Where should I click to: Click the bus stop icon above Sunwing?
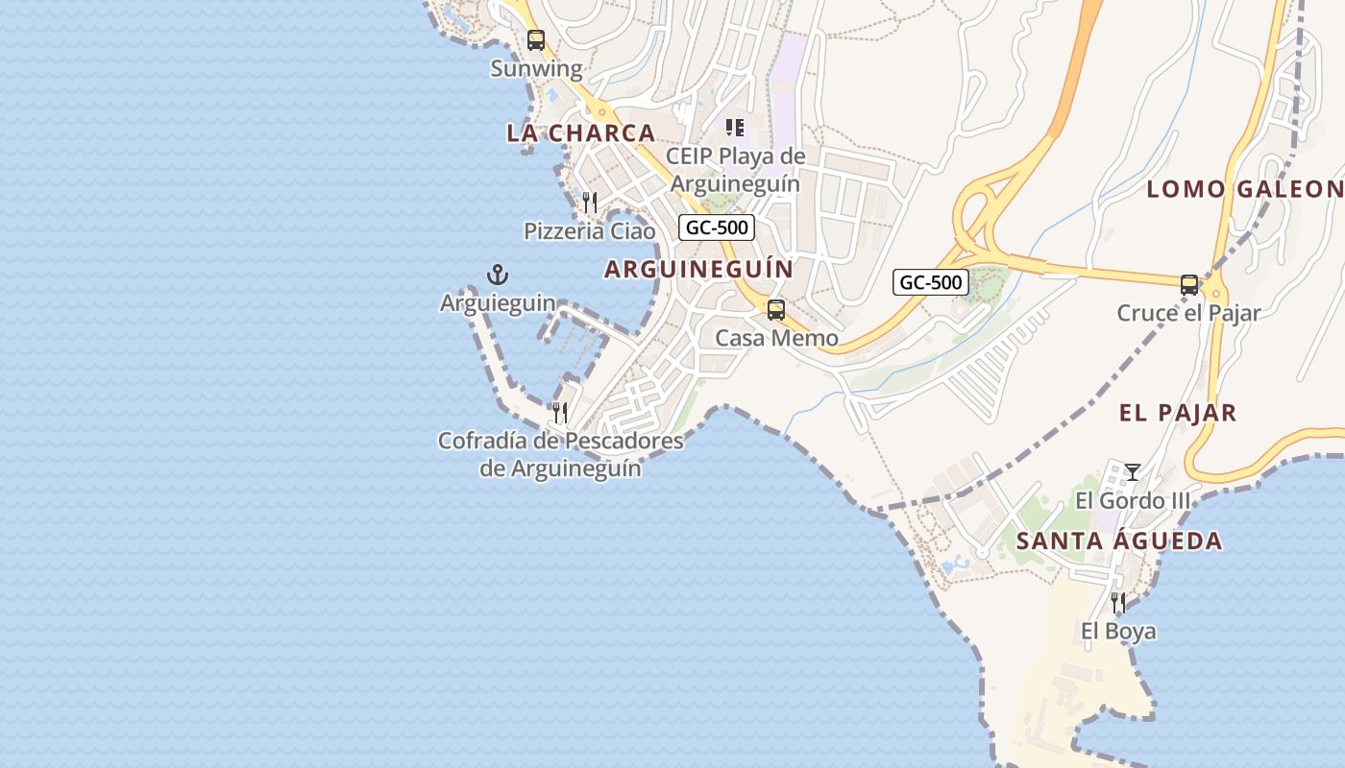536,40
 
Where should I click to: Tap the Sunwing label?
536,69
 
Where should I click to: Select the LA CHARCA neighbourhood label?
581,133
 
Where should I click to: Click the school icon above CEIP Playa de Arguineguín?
735,128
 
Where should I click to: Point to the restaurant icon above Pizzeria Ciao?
590,202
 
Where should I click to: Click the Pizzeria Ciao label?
589,231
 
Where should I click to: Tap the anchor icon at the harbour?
497,276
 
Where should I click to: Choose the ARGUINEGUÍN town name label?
698,270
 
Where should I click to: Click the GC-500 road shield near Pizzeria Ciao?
717,228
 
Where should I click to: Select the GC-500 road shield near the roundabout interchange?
930,282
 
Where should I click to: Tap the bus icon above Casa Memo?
775,310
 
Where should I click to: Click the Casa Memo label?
776,339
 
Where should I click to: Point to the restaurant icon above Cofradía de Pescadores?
560,413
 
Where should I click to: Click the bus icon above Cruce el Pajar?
1189,284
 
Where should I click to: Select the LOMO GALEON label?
1244,189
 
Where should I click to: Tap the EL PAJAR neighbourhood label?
1178,414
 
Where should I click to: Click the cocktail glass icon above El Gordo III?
1133,471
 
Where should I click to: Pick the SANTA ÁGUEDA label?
1119,541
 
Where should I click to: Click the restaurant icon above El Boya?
1118,603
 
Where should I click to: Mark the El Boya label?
1118,632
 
